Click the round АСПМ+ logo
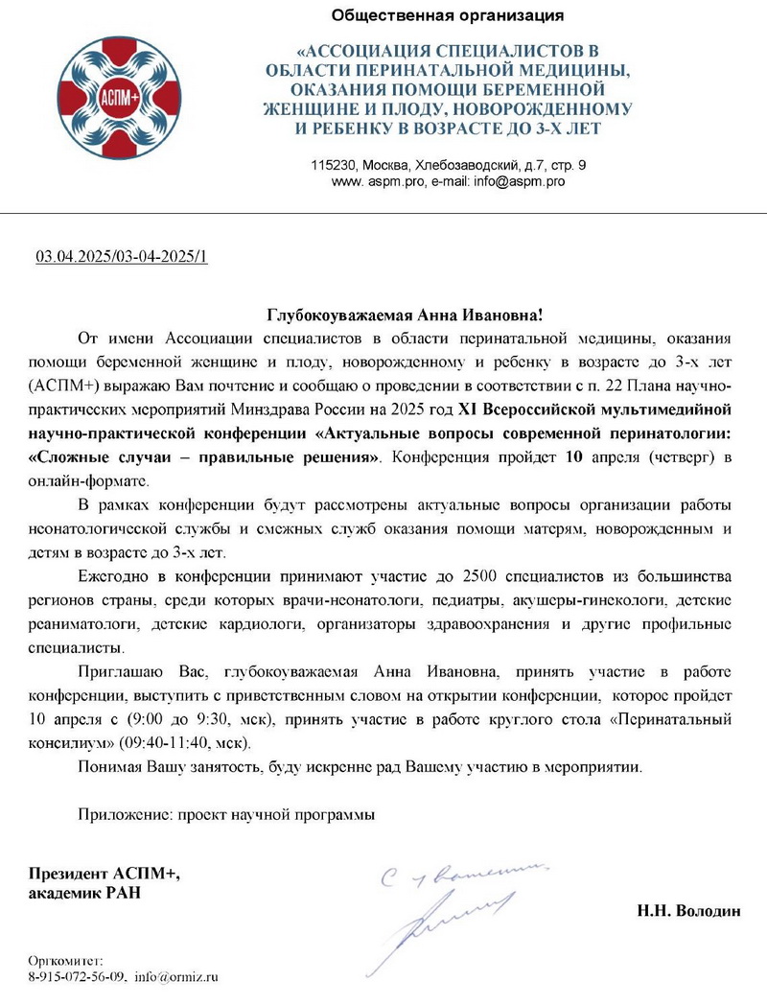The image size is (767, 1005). [x=113, y=98]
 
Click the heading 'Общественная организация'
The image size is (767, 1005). [x=447, y=15]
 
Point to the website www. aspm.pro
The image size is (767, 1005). [x=378, y=180]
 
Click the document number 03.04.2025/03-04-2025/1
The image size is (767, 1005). [x=122, y=257]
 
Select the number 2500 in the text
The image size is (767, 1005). [x=483, y=575]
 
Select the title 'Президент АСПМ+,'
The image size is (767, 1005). [x=104, y=874]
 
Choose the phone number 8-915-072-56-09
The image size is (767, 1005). [x=77, y=977]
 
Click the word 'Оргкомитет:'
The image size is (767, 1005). [x=65, y=960]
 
